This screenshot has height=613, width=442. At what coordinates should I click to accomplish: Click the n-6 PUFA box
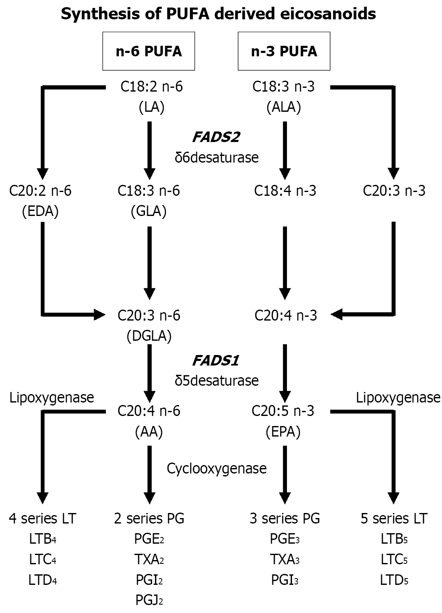[x=149, y=51]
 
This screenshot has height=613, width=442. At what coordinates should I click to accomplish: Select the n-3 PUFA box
[x=284, y=51]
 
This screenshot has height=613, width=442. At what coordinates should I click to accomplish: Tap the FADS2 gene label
[x=216, y=137]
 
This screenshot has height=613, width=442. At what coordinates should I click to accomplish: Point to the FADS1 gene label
[x=216, y=361]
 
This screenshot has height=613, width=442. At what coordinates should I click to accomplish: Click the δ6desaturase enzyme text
[x=216, y=158]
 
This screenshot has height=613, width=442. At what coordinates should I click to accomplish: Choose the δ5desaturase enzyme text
[x=216, y=381]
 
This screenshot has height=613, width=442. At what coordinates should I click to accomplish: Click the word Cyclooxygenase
[x=216, y=468]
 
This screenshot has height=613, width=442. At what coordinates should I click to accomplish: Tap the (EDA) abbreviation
[x=40, y=211]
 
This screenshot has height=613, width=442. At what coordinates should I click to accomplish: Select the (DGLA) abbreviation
[x=149, y=336]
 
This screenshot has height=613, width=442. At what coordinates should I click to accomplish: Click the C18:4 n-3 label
[x=285, y=191]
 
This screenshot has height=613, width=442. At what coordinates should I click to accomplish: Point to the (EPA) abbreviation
[x=284, y=432]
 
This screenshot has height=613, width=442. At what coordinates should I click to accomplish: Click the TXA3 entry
[x=285, y=560]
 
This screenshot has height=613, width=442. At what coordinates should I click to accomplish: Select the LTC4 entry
[x=42, y=560]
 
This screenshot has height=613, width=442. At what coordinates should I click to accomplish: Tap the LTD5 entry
[x=394, y=580]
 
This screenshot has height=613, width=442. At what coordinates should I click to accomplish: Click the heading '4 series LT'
[x=42, y=518]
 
